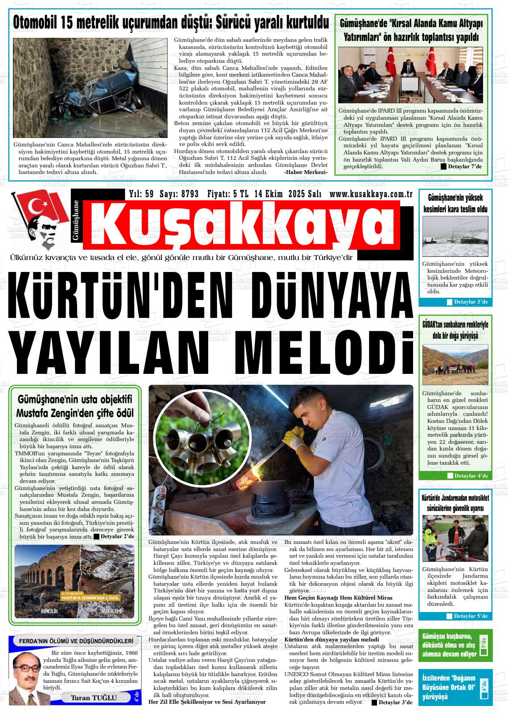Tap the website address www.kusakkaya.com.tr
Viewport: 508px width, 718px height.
(370, 194)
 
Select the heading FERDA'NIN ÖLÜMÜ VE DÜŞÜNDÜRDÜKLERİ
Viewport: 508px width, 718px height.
(76, 641)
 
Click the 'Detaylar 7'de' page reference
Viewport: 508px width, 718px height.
(462, 166)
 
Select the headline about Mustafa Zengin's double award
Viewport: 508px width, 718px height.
(75, 406)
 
